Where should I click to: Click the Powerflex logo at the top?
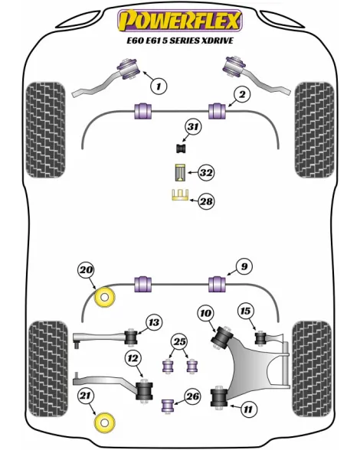pyautogui.click(x=180, y=21)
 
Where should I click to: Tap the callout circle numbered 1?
pyautogui.click(x=159, y=86)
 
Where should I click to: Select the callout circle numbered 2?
pyautogui.click(x=242, y=94)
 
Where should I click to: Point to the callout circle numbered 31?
pyautogui.click(x=193, y=127)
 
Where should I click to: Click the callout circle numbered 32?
pyautogui.click(x=207, y=173)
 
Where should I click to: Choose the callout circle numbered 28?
pyautogui.click(x=207, y=201)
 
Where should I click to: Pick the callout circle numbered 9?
pyautogui.click(x=244, y=266)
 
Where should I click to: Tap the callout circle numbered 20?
pyautogui.click(x=86, y=270)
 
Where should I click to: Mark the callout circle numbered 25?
pyautogui.click(x=179, y=342)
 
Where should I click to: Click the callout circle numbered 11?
pyautogui.click(x=247, y=409)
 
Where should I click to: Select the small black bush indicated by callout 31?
pyautogui.click(x=181, y=148)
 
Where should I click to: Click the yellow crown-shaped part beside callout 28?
pyautogui.click(x=180, y=195)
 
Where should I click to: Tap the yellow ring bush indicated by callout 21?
pyautogui.click(x=105, y=422)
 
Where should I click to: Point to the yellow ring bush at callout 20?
pyautogui.click(x=105, y=297)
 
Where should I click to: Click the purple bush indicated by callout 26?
pyautogui.click(x=167, y=405)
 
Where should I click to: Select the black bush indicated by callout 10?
pyautogui.click(x=222, y=337)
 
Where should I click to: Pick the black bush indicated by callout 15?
pyautogui.click(x=260, y=338)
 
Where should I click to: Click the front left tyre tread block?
pyautogui.click(x=45, y=130)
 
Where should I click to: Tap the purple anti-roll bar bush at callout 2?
pyautogui.click(x=217, y=110)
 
